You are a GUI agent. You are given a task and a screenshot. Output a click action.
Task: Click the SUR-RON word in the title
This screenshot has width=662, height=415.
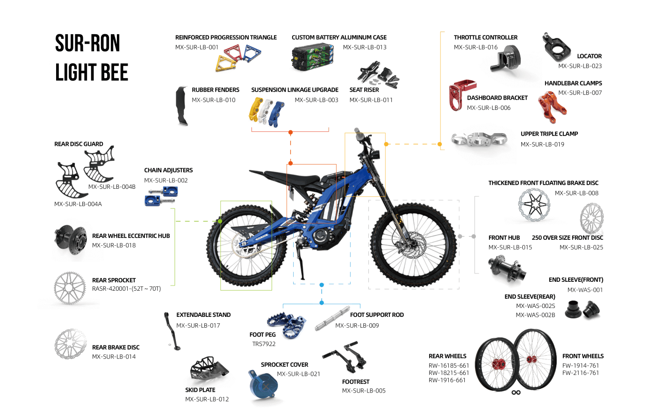coord(87,43)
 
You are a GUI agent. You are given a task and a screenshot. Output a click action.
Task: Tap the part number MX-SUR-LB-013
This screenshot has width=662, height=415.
coord(364,47)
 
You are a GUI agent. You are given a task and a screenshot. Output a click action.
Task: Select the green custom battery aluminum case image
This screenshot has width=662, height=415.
coord(312,57)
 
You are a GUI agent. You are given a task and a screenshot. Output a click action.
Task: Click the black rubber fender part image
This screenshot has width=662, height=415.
coord(181,106)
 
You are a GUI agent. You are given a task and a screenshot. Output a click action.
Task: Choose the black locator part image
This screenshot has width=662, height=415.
coord(556,47)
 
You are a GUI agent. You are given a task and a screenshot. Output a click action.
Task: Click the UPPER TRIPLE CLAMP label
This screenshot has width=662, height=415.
coord(549,134)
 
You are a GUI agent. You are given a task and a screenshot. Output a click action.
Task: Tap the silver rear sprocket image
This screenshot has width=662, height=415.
coord(70,288)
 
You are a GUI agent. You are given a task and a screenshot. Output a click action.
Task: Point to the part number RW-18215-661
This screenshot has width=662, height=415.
coord(448,373)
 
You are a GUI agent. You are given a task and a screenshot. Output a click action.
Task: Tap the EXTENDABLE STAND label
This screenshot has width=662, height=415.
coord(203,315)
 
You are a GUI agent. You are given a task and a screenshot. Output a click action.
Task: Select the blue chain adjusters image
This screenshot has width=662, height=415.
coord(160,196)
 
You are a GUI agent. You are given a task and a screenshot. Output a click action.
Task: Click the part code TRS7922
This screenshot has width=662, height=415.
coord(264,344)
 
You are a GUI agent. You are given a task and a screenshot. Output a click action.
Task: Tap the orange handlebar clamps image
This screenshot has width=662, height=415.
coord(552,106)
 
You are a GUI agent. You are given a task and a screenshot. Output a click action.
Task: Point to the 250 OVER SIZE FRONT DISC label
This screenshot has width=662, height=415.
coord(567,238)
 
